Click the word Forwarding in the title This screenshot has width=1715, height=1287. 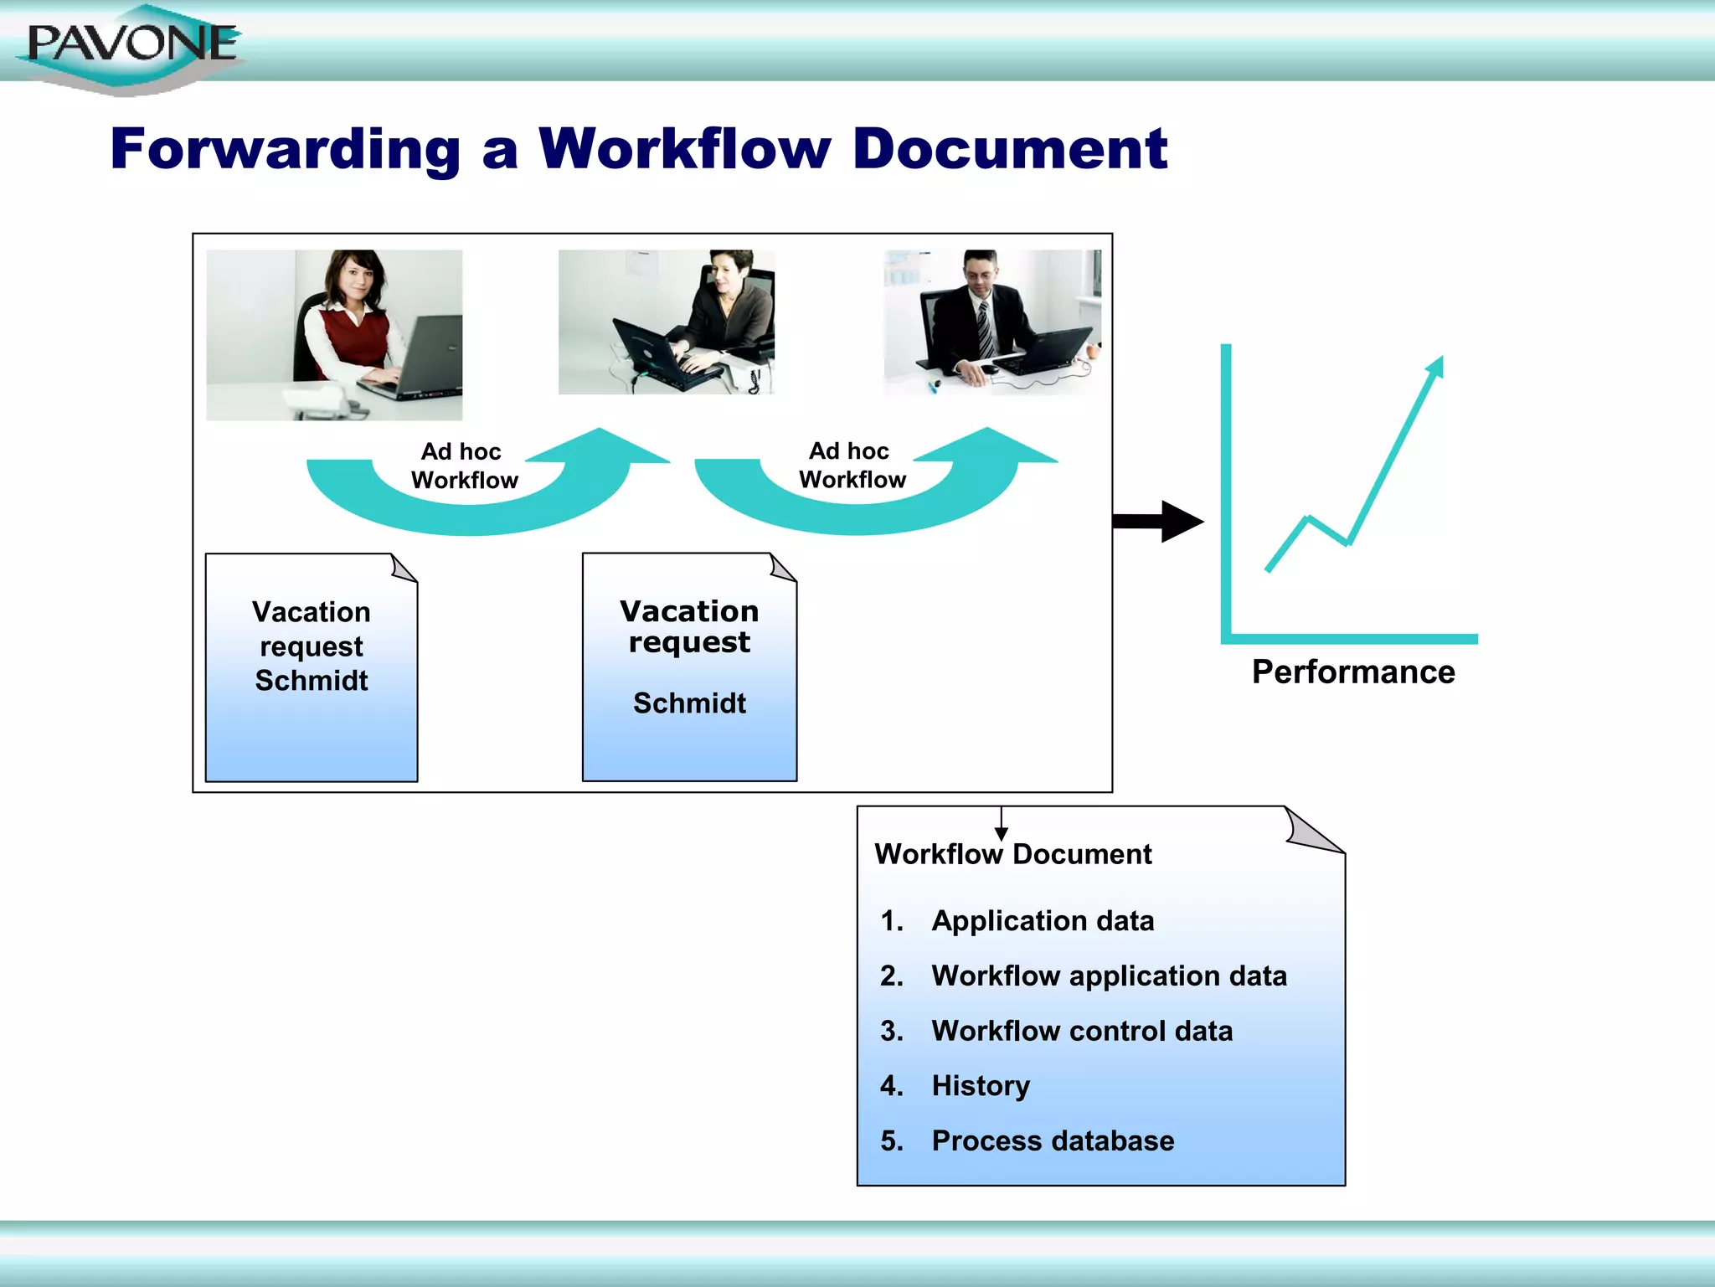coord(285,149)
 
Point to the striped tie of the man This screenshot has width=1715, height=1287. coord(985,327)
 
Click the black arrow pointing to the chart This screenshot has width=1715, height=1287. coord(1160,521)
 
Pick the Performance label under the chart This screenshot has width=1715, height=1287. coord(1353,672)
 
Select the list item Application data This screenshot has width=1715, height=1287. coord(1043,921)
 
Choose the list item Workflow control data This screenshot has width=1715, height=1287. coord(1082,1031)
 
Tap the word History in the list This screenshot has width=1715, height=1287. coord(981,1086)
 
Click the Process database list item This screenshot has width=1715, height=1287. coord(1053,1141)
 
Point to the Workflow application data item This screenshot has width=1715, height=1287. coord(1109,976)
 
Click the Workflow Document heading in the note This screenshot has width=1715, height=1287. coord(1013,854)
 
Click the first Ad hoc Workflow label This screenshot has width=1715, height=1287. coord(464,466)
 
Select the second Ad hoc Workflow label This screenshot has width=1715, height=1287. coord(852,465)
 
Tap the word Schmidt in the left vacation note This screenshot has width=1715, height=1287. coord(312,681)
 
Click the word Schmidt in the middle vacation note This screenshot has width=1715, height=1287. coord(689,703)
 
